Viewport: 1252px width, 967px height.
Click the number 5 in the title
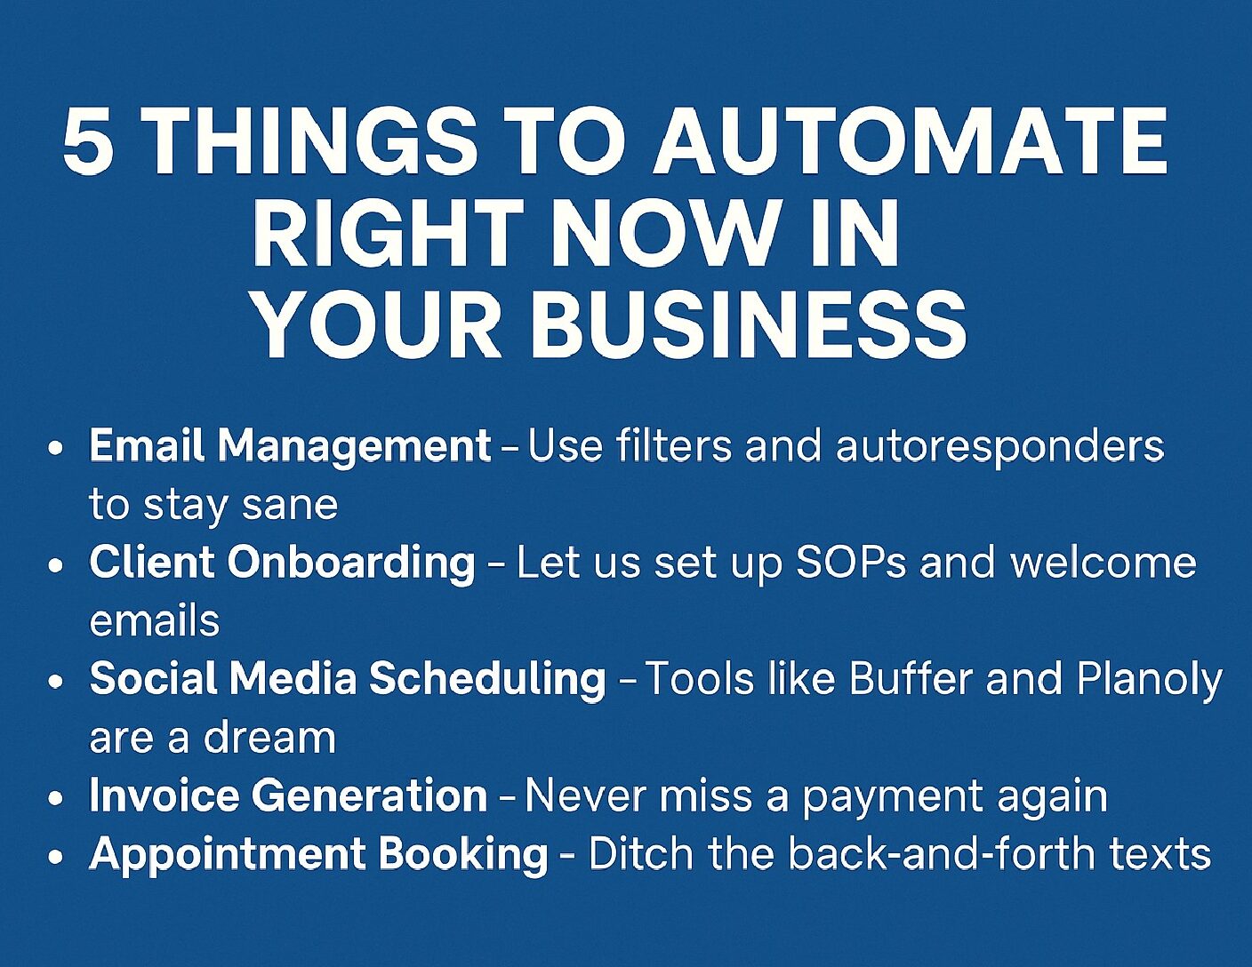click(x=88, y=140)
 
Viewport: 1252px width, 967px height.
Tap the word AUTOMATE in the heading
click(x=911, y=140)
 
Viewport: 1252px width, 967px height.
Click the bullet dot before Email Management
click(x=55, y=449)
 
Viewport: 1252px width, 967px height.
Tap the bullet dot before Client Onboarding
click(x=55, y=565)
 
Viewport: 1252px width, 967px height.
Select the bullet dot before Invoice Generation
click(x=55, y=799)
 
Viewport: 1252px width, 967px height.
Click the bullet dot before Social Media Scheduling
click(x=55, y=682)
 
